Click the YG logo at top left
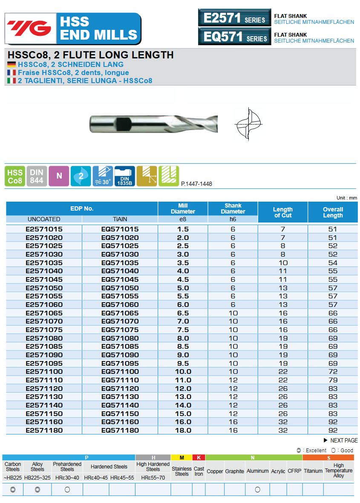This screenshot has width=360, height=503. tap(30, 28)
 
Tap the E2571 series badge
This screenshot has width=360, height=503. tap(234, 18)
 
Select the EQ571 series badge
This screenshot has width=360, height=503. tap(234, 37)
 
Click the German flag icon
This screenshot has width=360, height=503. tap(12, 65)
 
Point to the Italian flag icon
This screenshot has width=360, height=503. tap(12, 81)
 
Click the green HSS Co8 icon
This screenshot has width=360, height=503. tap(15, 176)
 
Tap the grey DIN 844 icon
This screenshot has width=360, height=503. tap(37, 176)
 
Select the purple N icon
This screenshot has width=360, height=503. tap(59, 176)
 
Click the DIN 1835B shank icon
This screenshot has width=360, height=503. tap(124, 176)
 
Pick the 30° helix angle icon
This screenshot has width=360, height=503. tap(103, 176)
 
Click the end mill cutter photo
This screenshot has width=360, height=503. tap(154, 124)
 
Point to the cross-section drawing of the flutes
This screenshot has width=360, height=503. tap(248, 124)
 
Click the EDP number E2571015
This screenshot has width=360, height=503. tap(44, 229)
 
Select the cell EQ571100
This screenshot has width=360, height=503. tap(120, 372)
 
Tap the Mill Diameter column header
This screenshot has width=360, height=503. tap(183, 208)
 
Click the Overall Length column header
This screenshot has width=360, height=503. tap(333, 212)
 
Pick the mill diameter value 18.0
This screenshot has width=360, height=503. tap(183, 431)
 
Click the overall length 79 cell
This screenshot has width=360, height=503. tap(333, 380)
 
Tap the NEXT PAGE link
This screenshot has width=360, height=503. tap(341, 440)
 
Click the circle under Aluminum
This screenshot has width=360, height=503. tap(257, 490)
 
